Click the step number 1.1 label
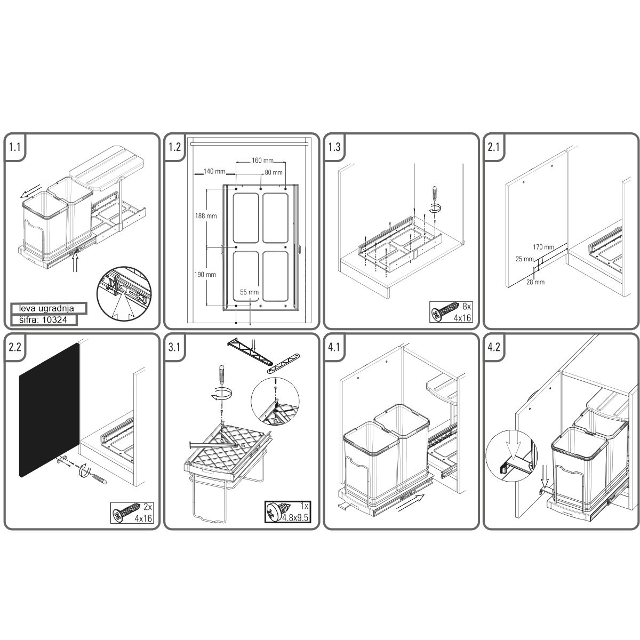[14, 147]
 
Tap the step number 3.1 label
[174, 347]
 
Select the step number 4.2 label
[494, 347]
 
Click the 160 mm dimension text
[262, 161]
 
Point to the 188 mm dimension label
[206, 216]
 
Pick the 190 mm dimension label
[205, 275]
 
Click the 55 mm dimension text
[249, 292]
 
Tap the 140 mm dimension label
[214, 171]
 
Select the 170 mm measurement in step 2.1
[543, 247]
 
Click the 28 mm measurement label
[535, 282]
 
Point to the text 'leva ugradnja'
[46, 309]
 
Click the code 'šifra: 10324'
[43, 320]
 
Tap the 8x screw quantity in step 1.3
[467, 306]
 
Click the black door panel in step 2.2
[50, 410]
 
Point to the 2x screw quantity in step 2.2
[148, 507]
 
